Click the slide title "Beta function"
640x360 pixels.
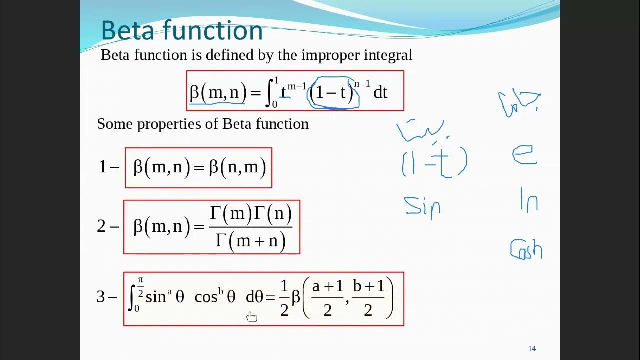point(182,31)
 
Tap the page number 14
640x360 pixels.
point(532,349)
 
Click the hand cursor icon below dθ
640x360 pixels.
point(251,317)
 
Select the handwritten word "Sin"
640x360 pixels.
point(423,206)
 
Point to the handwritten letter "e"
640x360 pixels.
point(524,155)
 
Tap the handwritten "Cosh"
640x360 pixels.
point(526,249)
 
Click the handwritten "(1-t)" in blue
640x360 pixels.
point(434,163)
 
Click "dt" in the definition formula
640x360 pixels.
point(380,92)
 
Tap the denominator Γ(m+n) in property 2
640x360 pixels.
point(250,241)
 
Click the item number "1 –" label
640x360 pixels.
point(108,167)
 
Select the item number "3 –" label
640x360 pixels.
point(107,297)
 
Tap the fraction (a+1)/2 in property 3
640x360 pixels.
point(328,298)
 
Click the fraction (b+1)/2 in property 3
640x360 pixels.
point(368,298)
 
